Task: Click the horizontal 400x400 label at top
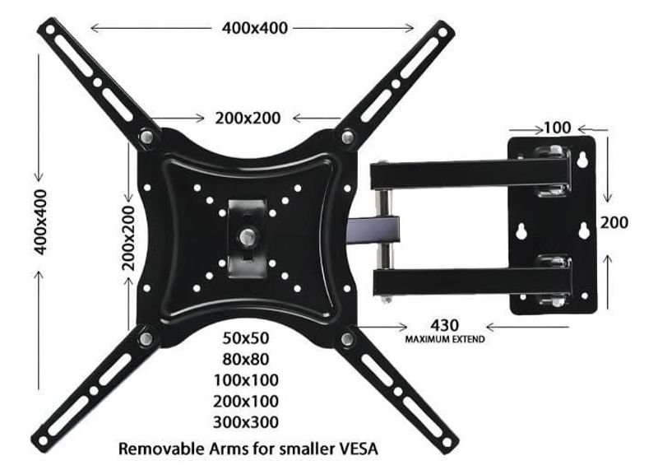pyautogui.click(x=254, y=28)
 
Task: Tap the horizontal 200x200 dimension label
pyautogui.click(x=248, y=118)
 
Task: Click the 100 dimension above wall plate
pyautogui.click(x=557, y=128)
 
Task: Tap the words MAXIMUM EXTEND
pyautogui.click(x=443, y=339)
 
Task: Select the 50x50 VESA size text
pyautogui.click(x=246, y=337)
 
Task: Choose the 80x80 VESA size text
pyautogui.click(x=246, y=359)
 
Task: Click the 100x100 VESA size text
pyautogui.click(x=246, y=380)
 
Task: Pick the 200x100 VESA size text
pyautogui.click(x=246, y=401)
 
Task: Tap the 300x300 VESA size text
pyautogui.click(x=246, y=422)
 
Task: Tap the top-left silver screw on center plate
pyautogui.click(x=146, y=137)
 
